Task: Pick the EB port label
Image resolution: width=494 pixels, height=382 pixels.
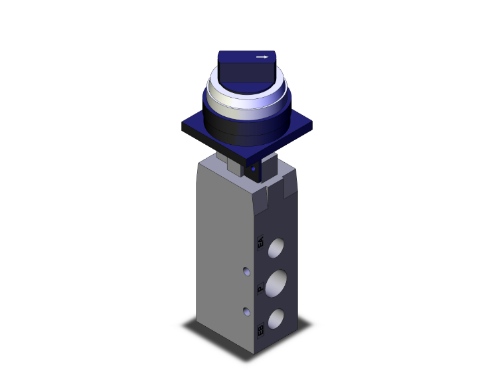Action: (260, 328)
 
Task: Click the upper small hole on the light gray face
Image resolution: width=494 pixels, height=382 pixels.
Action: (246, 271)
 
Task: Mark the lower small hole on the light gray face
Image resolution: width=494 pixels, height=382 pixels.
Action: (246, 311)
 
